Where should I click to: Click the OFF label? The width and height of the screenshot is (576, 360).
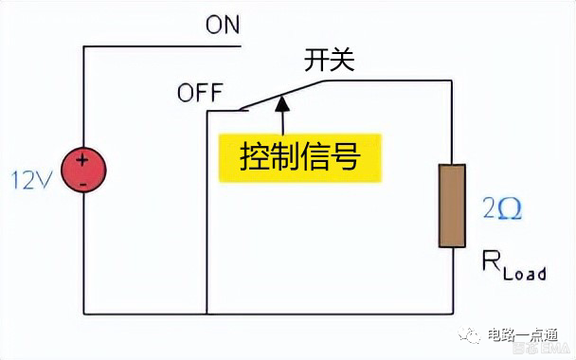(200, 93)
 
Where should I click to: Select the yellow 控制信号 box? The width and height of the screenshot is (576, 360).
(300, 156)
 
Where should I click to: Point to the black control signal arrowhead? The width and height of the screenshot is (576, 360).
(280, 104)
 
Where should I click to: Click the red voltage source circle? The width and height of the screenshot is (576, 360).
(83, 171)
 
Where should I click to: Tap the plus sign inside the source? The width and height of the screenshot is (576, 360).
(83, 161)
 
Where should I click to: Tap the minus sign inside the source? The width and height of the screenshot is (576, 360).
(83, 182)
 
